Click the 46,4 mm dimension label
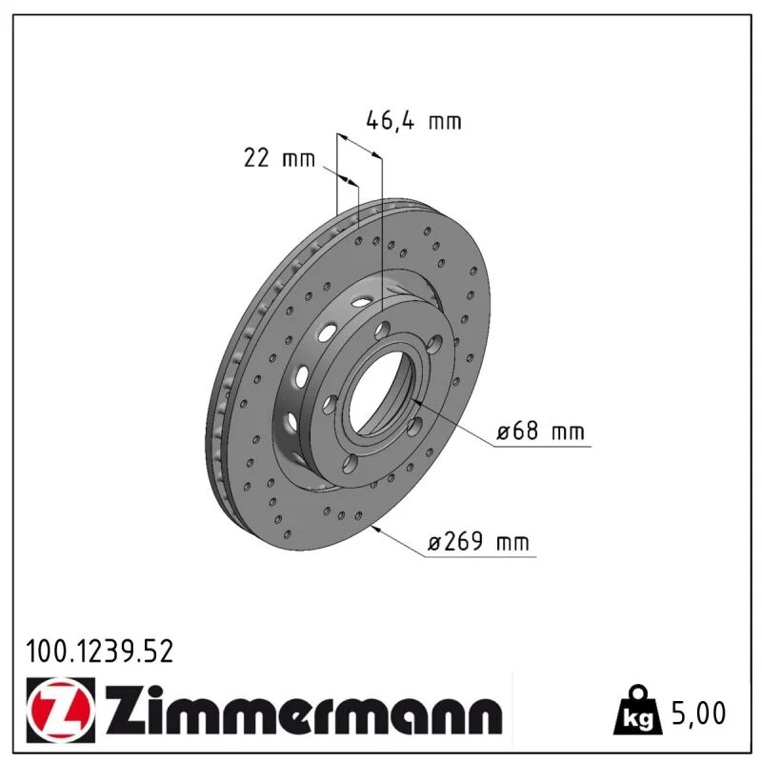[x=413, y=121]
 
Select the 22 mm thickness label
[x=279, y=158]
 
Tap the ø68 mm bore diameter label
[x=540, y=431]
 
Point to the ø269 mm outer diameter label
[x=478, y=541]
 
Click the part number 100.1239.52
[x=100, y=652]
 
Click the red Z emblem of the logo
[x=61, y=710]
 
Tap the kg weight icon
[x=637, y=712]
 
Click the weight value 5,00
[x=699, y=712]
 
